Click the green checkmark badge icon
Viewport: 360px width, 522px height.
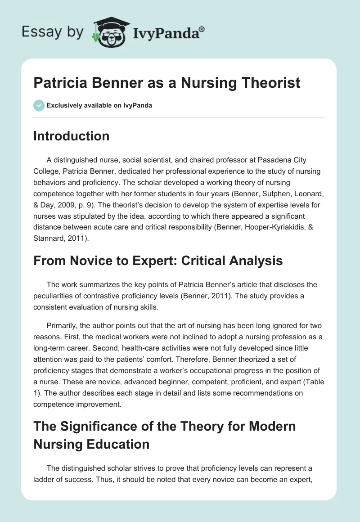tap(39, 105)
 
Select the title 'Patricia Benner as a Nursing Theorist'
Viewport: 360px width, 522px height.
tap(167, 83)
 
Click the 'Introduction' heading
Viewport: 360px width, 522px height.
tap(71, 136)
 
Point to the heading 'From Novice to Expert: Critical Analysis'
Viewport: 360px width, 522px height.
tap(158, 260)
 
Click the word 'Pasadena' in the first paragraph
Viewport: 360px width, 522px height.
tap(273, 160)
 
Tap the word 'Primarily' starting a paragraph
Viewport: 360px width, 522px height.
tap(63, 325)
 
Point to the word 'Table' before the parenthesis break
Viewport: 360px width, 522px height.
tap(315, 382)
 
